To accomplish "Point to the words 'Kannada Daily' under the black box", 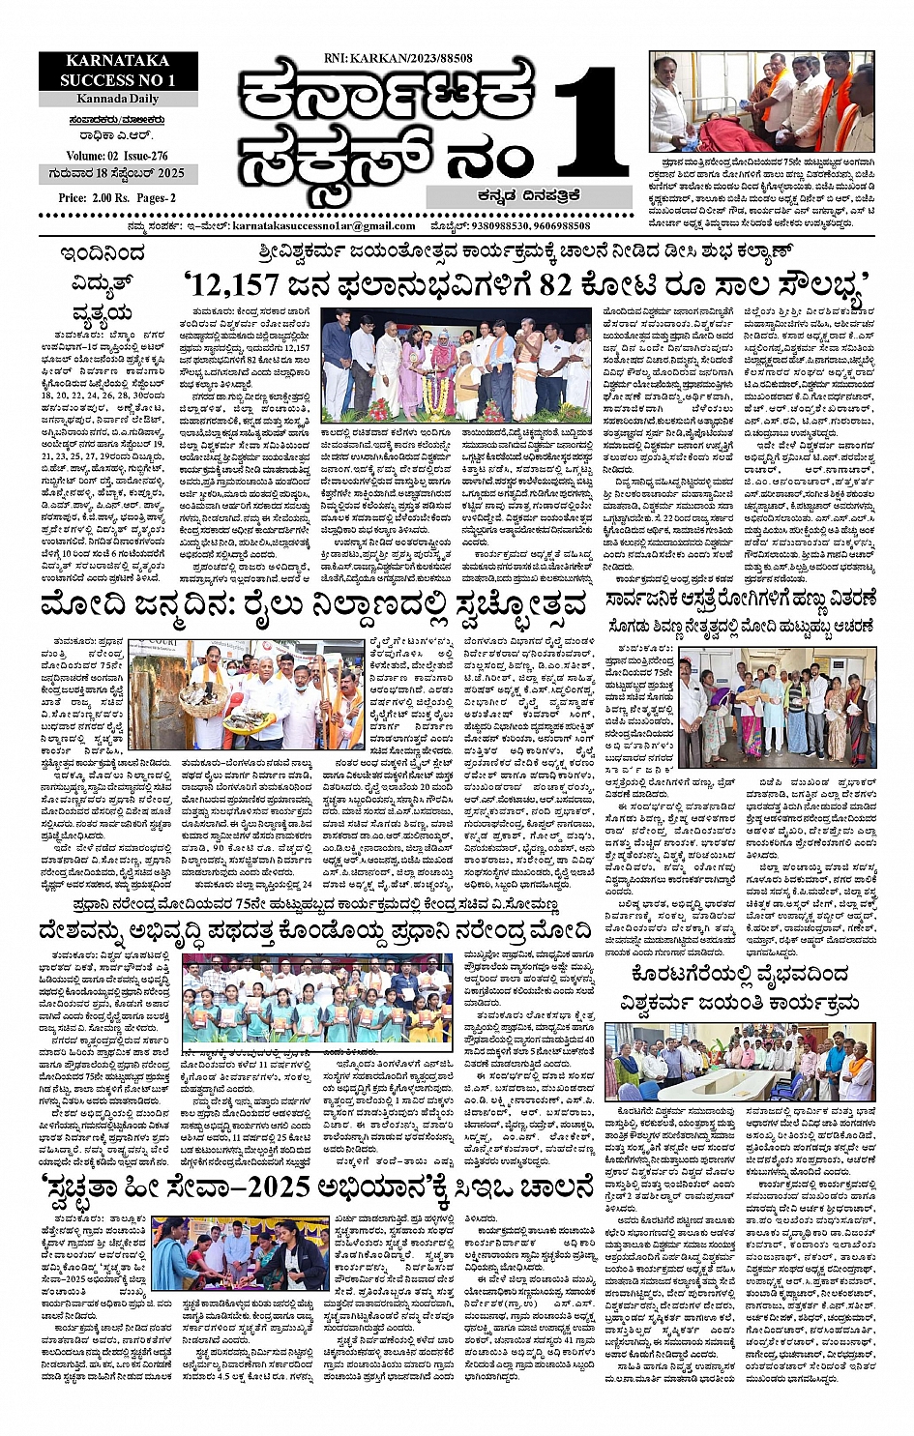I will tap(119, 100).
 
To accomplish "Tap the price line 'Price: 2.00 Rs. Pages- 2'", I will tap(117, 198).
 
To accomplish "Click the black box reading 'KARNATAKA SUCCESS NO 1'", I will tap(118, 72).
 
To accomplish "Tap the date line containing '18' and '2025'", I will tap(117, 174).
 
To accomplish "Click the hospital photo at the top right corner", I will tap(757, 100).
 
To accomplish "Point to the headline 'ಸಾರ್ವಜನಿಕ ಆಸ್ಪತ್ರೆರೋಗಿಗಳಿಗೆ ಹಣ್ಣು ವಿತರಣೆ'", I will tap(741, 599).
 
